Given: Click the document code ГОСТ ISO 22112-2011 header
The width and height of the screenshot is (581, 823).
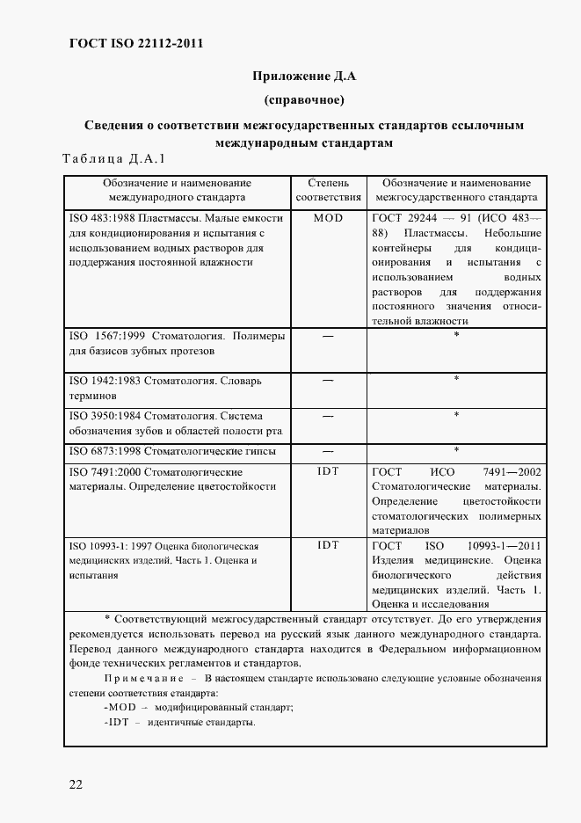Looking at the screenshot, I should click(x=135, y=43).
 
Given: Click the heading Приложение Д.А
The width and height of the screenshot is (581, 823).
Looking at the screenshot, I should click(x=303, y=76).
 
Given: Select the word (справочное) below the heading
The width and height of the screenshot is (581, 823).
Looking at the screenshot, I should click(x=304, y=98).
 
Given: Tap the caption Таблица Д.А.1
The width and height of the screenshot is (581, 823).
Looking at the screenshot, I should click(x=113, y=159).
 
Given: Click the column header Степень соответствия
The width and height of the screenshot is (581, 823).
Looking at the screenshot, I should click(x=328, y=191).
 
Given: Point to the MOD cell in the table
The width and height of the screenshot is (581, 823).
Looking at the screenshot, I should click(x=328, y=217).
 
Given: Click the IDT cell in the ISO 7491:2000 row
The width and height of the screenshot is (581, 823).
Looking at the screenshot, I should click(x=328, y=472).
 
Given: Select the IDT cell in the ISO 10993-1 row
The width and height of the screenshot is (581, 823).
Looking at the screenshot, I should click(x=328, y=546).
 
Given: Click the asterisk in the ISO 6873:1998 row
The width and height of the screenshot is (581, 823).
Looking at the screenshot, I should click(x=456, y=450).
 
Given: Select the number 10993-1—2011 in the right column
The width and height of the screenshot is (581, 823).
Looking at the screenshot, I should click(x=505, y=546).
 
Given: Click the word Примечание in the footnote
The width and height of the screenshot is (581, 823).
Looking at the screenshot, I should click(x=142, y=680).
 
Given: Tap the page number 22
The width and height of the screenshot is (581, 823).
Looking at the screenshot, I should click(x=76, y=784).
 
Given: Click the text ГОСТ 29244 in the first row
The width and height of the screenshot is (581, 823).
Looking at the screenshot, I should click(x=409, y=217).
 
